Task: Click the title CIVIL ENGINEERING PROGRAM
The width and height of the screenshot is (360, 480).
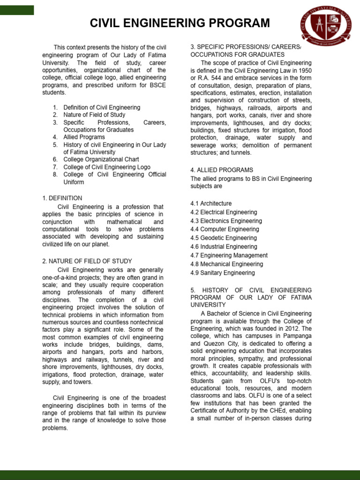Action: pos(180,23)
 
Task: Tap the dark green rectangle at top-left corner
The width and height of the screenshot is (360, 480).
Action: pos(17,10)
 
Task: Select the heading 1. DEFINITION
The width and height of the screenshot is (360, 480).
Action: pos(62,198)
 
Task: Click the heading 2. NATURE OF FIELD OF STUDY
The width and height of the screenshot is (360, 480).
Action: pos(87,261)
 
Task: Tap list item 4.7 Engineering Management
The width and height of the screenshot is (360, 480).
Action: pos(229,255)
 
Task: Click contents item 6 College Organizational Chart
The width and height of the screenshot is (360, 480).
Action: pos(101,159)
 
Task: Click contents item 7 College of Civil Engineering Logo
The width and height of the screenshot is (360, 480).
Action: pos(107,167)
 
